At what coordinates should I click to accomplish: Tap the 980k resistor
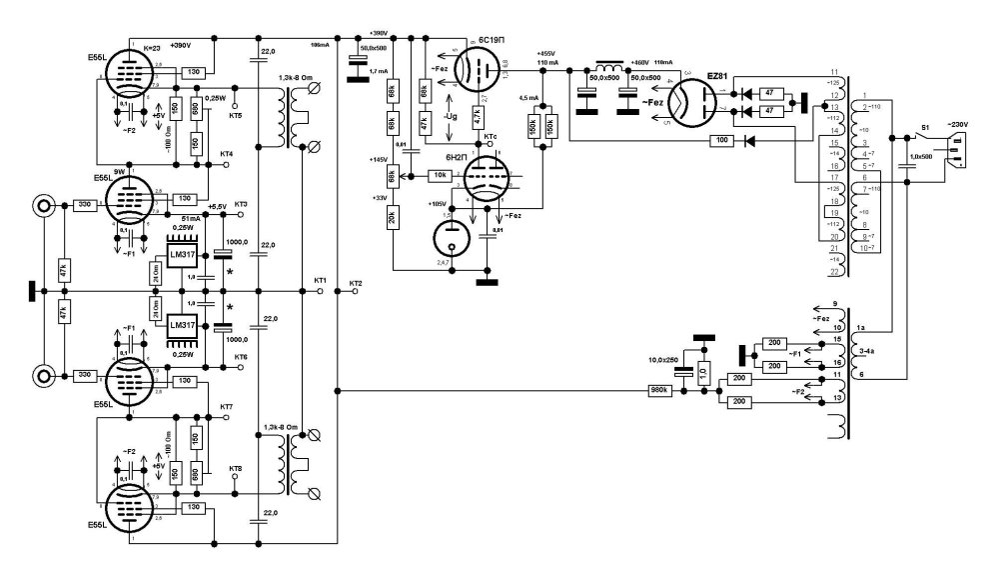coord(659,391)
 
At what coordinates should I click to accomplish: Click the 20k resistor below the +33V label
coord(393,215)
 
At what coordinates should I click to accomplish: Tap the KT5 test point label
coord(236,116)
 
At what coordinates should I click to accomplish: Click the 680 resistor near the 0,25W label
coord(196,108)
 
